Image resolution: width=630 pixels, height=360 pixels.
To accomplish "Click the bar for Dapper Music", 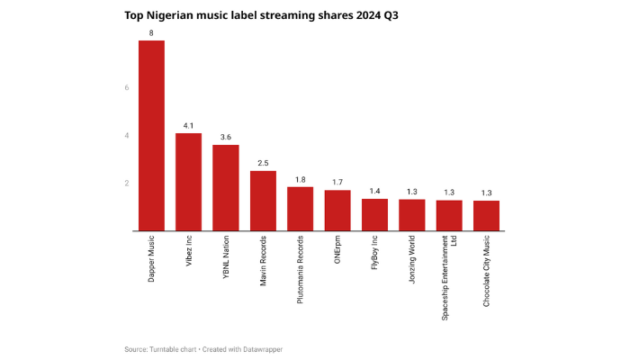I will [151, 135].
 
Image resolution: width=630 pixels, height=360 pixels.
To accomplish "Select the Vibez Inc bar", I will [188, 182].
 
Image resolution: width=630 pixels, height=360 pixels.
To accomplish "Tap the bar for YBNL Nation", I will [226, 187].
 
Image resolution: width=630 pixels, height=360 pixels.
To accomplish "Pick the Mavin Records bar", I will [263, 201].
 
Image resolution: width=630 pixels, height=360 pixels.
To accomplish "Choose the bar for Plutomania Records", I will [300, 209].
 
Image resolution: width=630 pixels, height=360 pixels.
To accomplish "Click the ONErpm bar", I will [337, 211].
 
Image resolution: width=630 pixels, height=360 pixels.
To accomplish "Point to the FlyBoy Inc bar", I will [374, 214].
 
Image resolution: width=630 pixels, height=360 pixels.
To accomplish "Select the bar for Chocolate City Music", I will [486, 215].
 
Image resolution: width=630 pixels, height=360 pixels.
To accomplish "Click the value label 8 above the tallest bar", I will [151, 33].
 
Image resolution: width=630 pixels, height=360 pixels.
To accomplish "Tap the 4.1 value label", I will [188, 126].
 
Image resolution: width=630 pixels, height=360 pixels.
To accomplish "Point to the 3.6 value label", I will [226, 138].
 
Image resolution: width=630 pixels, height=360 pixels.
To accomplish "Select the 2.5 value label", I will [263, 164].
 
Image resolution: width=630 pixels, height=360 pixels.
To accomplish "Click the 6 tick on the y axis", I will [127, 88].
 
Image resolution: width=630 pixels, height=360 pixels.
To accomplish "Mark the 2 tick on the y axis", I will [127, 184].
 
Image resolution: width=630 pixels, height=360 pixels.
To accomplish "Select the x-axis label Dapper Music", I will [151, 261].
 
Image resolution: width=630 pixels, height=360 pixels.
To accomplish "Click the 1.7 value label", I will [337, 183].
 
